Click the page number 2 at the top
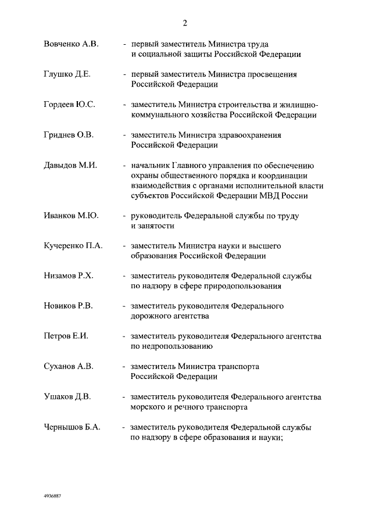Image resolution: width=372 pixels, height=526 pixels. click(185, 23)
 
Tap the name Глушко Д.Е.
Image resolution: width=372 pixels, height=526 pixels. click(67, 74)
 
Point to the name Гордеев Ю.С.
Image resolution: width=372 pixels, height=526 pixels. click(69, 105)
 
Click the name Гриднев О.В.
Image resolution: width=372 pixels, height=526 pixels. click(69, 135)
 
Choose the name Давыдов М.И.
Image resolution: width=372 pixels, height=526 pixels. click(70, 165)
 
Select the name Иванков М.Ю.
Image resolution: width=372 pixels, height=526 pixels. click(71, 216)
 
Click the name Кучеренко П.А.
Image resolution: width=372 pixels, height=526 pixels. click(73, 246)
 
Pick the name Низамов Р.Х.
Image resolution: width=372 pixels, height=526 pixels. click(69, 276)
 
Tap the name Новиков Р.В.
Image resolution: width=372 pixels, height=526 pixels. click(69, 306)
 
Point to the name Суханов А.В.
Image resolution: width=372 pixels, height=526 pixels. click(69, 367)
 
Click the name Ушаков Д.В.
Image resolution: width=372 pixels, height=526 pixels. click(67, 397)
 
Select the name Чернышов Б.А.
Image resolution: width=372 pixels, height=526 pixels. click(72, 427)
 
